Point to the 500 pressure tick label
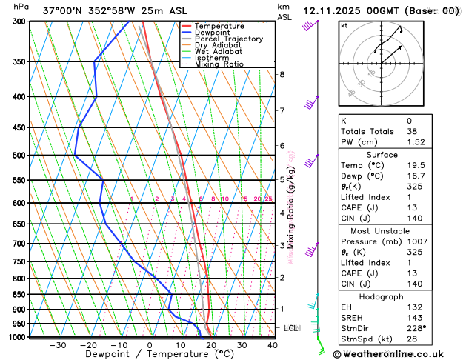coord(17,156)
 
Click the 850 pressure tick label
coord(17,295)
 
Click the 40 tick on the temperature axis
coord(273,345)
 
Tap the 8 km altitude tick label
coord(282,74)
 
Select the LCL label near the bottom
coord(291,328)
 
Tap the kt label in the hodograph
coord(344,26)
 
